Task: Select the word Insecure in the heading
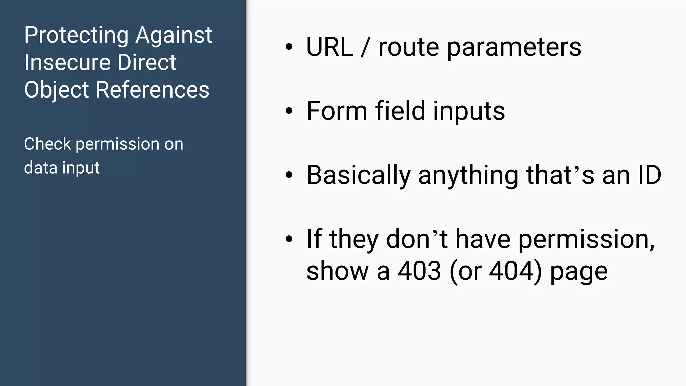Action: [x=67, y=63]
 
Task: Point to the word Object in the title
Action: [x=57, y=90]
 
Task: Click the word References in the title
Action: [x=152, y=90]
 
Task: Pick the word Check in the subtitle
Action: [x=47, y=144]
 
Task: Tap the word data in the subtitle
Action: [x=41, y=168]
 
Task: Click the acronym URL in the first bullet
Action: [x=330, y=47]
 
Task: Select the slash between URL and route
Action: [x=365, y=47]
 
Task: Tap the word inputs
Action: [x=469, y=111]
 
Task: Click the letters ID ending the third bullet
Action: [x=649, y=175]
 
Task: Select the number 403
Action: [x=419, y=271]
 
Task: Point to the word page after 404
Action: [x=579, y=271]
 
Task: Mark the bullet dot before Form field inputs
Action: [x=289, y=111]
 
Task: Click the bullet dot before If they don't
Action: [x=289, y=239]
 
